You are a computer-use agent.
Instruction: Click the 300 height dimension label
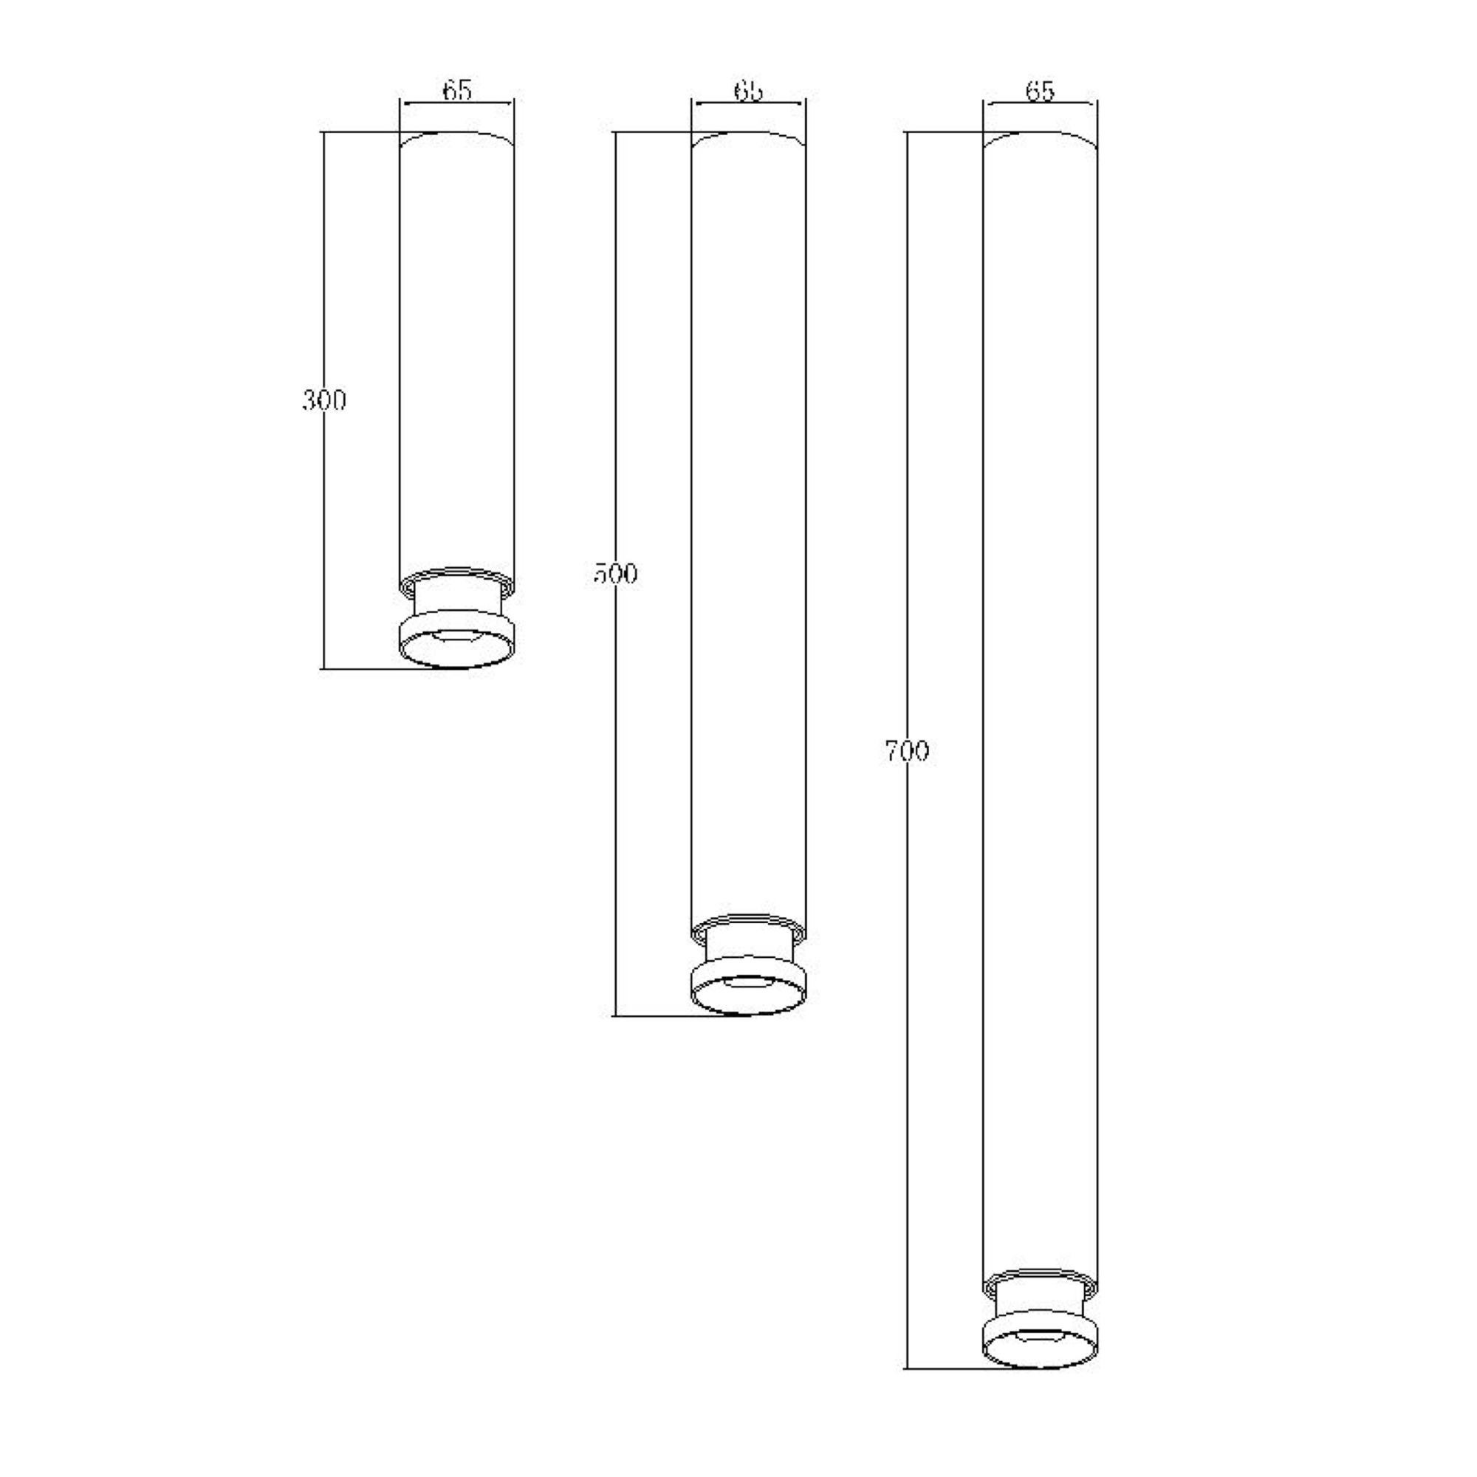click(x=324, y=400)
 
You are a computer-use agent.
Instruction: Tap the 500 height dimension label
click(x=615, y=573)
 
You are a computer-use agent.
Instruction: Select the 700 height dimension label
click(x=907, y=752)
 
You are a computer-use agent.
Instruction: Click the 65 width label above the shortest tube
click(x=457, y=89)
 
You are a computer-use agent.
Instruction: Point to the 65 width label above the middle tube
click(x=748, y=90)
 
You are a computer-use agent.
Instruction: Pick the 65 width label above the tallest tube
click(x=1040, y=90)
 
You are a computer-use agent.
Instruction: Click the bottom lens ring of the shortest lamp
click(x=458, y=651)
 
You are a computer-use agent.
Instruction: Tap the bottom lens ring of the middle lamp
click(x=748, y=997)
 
